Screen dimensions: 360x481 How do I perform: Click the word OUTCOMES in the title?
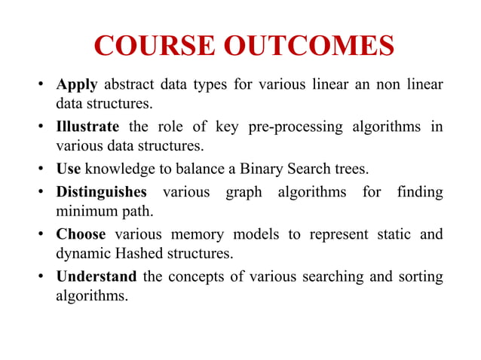point(309,46)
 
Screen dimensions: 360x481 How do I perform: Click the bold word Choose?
point(81,233)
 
